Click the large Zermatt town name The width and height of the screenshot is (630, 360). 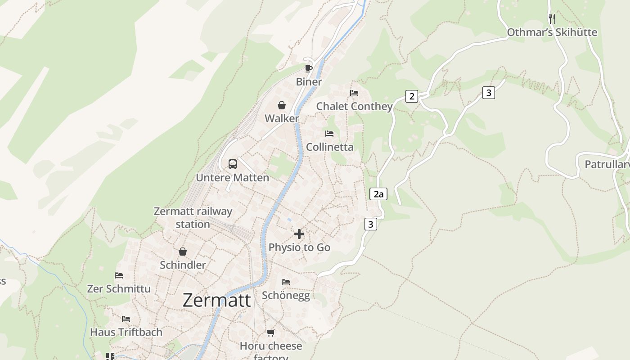point(216,301)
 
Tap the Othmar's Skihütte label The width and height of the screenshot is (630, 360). point(552,32)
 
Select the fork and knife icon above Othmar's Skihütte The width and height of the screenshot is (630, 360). point(552,18)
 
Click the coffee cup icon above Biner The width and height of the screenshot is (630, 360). point(308,68)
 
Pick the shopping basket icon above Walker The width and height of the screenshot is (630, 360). point(281,105)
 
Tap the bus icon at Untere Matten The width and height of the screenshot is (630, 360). point(232,164)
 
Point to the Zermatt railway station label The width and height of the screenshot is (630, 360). point(193,217)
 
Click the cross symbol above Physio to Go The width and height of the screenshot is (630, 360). point(299,234)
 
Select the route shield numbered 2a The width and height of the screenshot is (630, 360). point(378,194)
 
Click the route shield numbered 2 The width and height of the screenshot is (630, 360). point(411,96)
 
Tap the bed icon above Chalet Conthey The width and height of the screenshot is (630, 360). point(354,93)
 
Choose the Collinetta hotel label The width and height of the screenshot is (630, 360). point(329,147)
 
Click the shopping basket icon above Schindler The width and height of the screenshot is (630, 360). point(183,252)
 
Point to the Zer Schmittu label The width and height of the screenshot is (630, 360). point(119,288)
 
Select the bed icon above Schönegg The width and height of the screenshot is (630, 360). point(286,282)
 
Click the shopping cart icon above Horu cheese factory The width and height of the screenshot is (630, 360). point(270,333)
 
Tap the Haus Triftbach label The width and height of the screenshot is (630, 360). point(126,332)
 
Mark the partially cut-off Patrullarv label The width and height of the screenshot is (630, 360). point(607,164)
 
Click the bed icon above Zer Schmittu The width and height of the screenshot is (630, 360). point(119,275)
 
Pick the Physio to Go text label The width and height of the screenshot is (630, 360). point(299,247)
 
